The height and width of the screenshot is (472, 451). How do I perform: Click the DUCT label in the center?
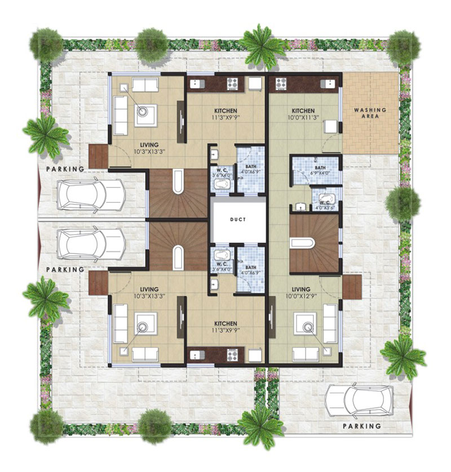(238, 220)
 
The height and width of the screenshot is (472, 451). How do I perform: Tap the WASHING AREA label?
(370, 113)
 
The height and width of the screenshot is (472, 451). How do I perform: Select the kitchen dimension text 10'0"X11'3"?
(303, 117)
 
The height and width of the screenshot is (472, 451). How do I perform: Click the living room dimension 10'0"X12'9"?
(301, 296)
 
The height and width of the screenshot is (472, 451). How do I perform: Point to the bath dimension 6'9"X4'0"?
(320, 173)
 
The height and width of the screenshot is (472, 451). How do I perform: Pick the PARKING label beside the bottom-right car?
(362, 426)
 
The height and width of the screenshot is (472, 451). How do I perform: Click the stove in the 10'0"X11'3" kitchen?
(281, 84)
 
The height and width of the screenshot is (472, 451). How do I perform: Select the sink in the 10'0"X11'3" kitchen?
(328, 83)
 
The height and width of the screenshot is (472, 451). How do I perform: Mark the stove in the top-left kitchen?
(233, 84)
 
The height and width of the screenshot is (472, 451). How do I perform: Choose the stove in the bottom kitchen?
(232, 355)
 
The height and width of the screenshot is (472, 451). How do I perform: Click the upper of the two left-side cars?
(91, 195)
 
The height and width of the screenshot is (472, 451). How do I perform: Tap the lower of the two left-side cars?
(91, 244)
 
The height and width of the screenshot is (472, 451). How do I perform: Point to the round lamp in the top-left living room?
(142, 111)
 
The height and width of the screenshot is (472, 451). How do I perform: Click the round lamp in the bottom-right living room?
(307, 327)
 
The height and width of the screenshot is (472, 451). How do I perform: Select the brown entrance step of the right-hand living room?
(352, 287)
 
